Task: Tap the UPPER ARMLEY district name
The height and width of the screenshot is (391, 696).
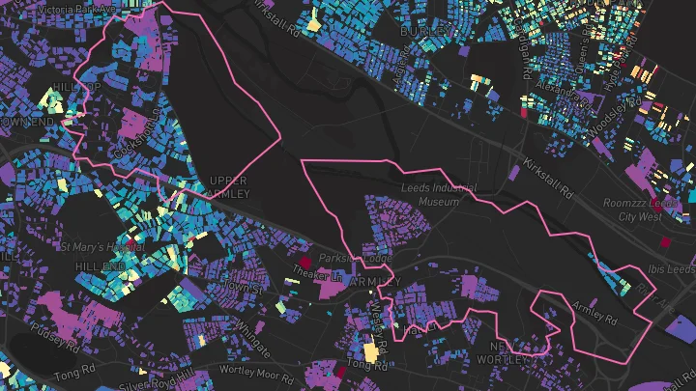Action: (x=228, y=187)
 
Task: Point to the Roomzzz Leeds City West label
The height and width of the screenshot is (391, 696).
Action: (x=641, y=209)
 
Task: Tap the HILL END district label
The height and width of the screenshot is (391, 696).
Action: (x=100, y=265)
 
